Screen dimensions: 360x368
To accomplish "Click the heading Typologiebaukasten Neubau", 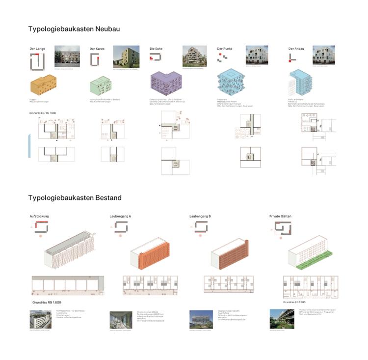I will [x=74, y=29].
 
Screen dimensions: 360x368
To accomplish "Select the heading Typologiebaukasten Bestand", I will [x=75, y=198].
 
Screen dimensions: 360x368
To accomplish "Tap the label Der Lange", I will [x=38, y=49].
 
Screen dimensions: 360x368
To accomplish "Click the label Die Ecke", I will [x=156, y=49].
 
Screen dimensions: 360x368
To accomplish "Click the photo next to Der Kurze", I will [x=125, y=56].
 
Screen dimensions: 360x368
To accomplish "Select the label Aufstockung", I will [x=39, y=216].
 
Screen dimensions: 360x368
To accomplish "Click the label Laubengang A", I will [x=121, y=216].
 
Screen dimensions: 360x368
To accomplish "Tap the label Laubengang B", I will [x=200, y=216].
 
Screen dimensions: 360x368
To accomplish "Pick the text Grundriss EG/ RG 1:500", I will [x=48, y=114].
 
